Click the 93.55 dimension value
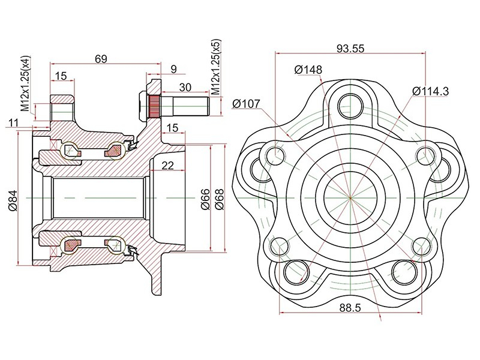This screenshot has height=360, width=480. click(x=350, y=49)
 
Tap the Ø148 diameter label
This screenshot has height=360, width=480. click(x=308, y=70)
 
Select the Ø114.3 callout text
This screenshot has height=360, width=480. click(x=430, y=91)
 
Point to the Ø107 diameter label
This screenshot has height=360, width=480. click(x=246, y=104)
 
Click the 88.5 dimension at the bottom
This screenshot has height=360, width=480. click(x=350, y=308)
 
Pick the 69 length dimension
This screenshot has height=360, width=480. click(x=101, y=59)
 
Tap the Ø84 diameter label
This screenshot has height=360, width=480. click(x=13, y=200)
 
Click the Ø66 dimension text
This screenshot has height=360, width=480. click(x=205, y=199)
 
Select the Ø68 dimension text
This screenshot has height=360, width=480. click(x=220, y=199)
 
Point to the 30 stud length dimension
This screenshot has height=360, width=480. click(x=185, y=87)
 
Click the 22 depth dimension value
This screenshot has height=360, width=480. click(x=167, y=166)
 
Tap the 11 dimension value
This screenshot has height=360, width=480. click(x=13, y=123)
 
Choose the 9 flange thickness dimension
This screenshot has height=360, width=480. click(x=173, y=69)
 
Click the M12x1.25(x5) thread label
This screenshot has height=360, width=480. click(x=216, y=67)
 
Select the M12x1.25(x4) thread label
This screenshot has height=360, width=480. click(x=25, y=83)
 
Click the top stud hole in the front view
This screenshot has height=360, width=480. click(x=350, y=106)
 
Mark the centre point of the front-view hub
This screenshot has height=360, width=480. click(x=350, y=198)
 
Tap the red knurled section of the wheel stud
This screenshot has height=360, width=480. click(x=154, y=106)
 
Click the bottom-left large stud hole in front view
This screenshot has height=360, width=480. click(x=296, y=272)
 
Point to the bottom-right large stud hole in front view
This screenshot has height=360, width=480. click(x=404, y=272)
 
